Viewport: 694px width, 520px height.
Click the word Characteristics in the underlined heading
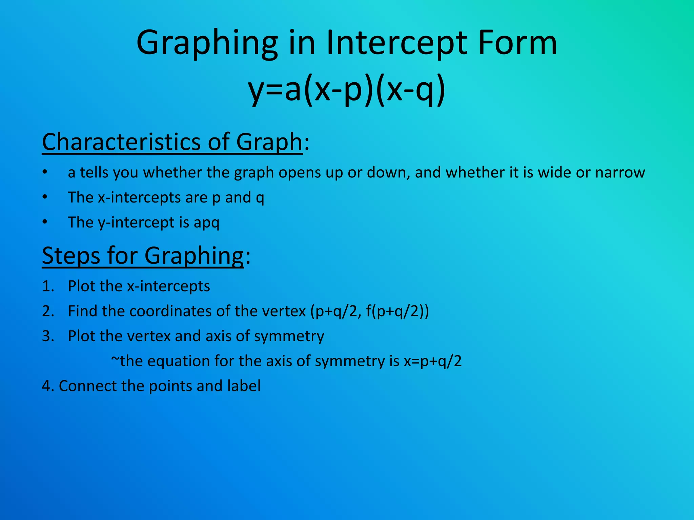pos(122,142)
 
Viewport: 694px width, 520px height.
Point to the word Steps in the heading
pos(71,256)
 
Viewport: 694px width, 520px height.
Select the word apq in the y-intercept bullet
pos(206,223)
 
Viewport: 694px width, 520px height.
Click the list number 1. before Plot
pos(48,286)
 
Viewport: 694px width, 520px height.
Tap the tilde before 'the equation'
pos(115,360)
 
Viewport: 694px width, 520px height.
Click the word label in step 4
pos(244,386)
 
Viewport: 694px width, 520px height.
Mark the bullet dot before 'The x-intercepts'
pos(45,197)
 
